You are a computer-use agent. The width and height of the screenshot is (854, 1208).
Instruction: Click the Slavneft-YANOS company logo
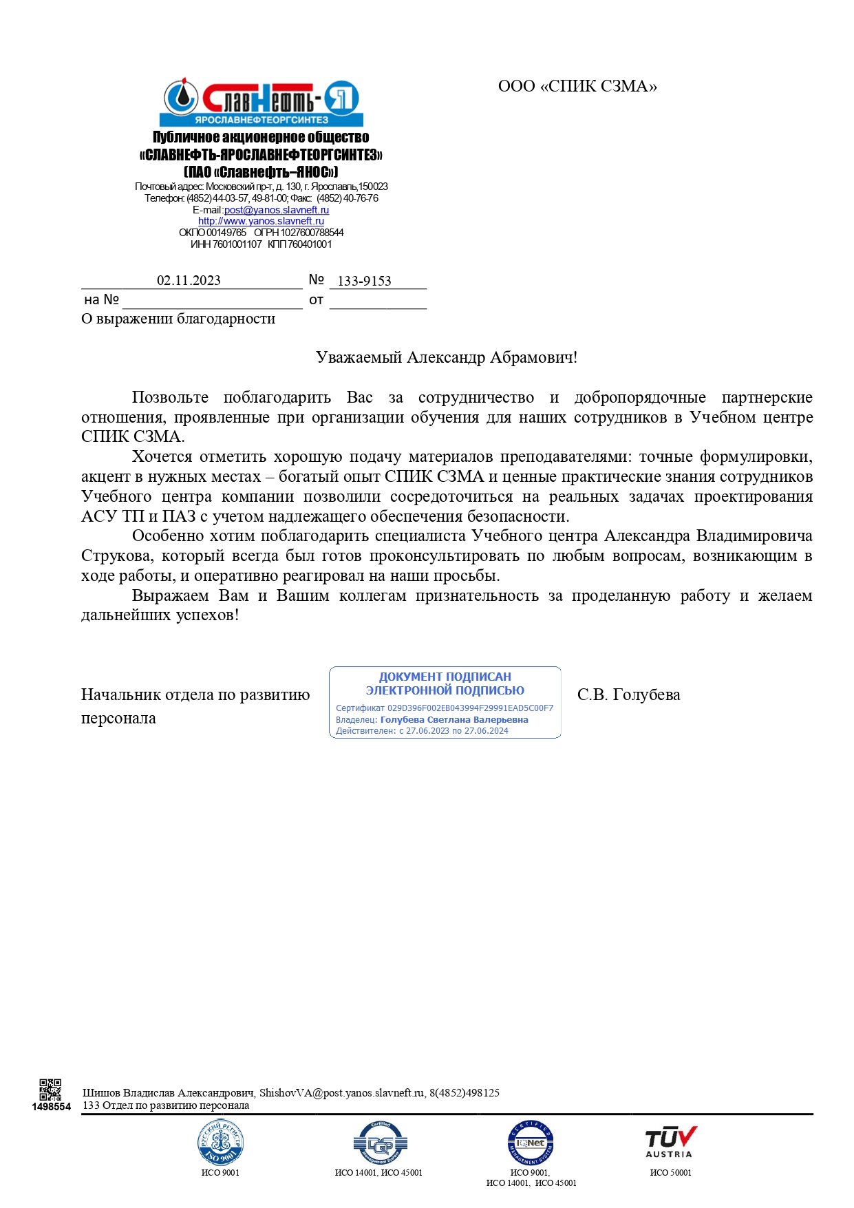click(x=261, y=101)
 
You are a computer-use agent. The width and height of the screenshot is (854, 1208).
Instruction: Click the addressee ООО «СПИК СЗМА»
click(x=577, y=86)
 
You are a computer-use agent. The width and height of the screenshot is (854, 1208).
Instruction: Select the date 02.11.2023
click(x=189, y=280)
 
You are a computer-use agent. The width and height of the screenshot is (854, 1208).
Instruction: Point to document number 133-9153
click(x=364, y=281)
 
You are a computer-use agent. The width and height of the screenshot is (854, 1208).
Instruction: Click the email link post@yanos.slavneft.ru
click(x=277, y=210)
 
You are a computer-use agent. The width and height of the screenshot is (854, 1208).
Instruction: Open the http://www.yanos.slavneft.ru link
click(x=261, y=221)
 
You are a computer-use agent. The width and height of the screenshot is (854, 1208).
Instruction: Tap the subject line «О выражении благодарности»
click(x=178, y=319)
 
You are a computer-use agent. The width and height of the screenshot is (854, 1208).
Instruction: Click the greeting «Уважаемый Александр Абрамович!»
click(x=446, y=357)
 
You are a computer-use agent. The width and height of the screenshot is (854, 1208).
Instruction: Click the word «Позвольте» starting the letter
click(x=170, y=397)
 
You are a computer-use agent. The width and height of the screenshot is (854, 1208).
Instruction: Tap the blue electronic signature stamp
click(x=445, y=702)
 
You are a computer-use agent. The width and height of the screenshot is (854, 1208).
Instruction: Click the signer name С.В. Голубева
click(x=628, y=695)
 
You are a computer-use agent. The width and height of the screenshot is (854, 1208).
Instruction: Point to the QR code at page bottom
click(x=50, y=1090)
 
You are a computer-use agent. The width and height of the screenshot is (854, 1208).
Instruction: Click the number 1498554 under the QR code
click(x=52, y=1107)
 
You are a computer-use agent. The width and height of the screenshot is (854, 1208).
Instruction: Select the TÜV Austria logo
click(x=670, y=1143)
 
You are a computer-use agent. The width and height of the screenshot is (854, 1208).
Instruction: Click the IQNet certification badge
click(x=531, y=1143)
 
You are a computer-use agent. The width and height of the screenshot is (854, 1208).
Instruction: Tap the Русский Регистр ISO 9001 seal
click(x=220, y=1143)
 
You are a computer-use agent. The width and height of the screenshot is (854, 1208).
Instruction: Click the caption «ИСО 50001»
click(x=670, y=1172)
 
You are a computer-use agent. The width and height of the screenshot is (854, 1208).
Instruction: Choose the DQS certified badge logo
click(x=378, y=1143)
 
